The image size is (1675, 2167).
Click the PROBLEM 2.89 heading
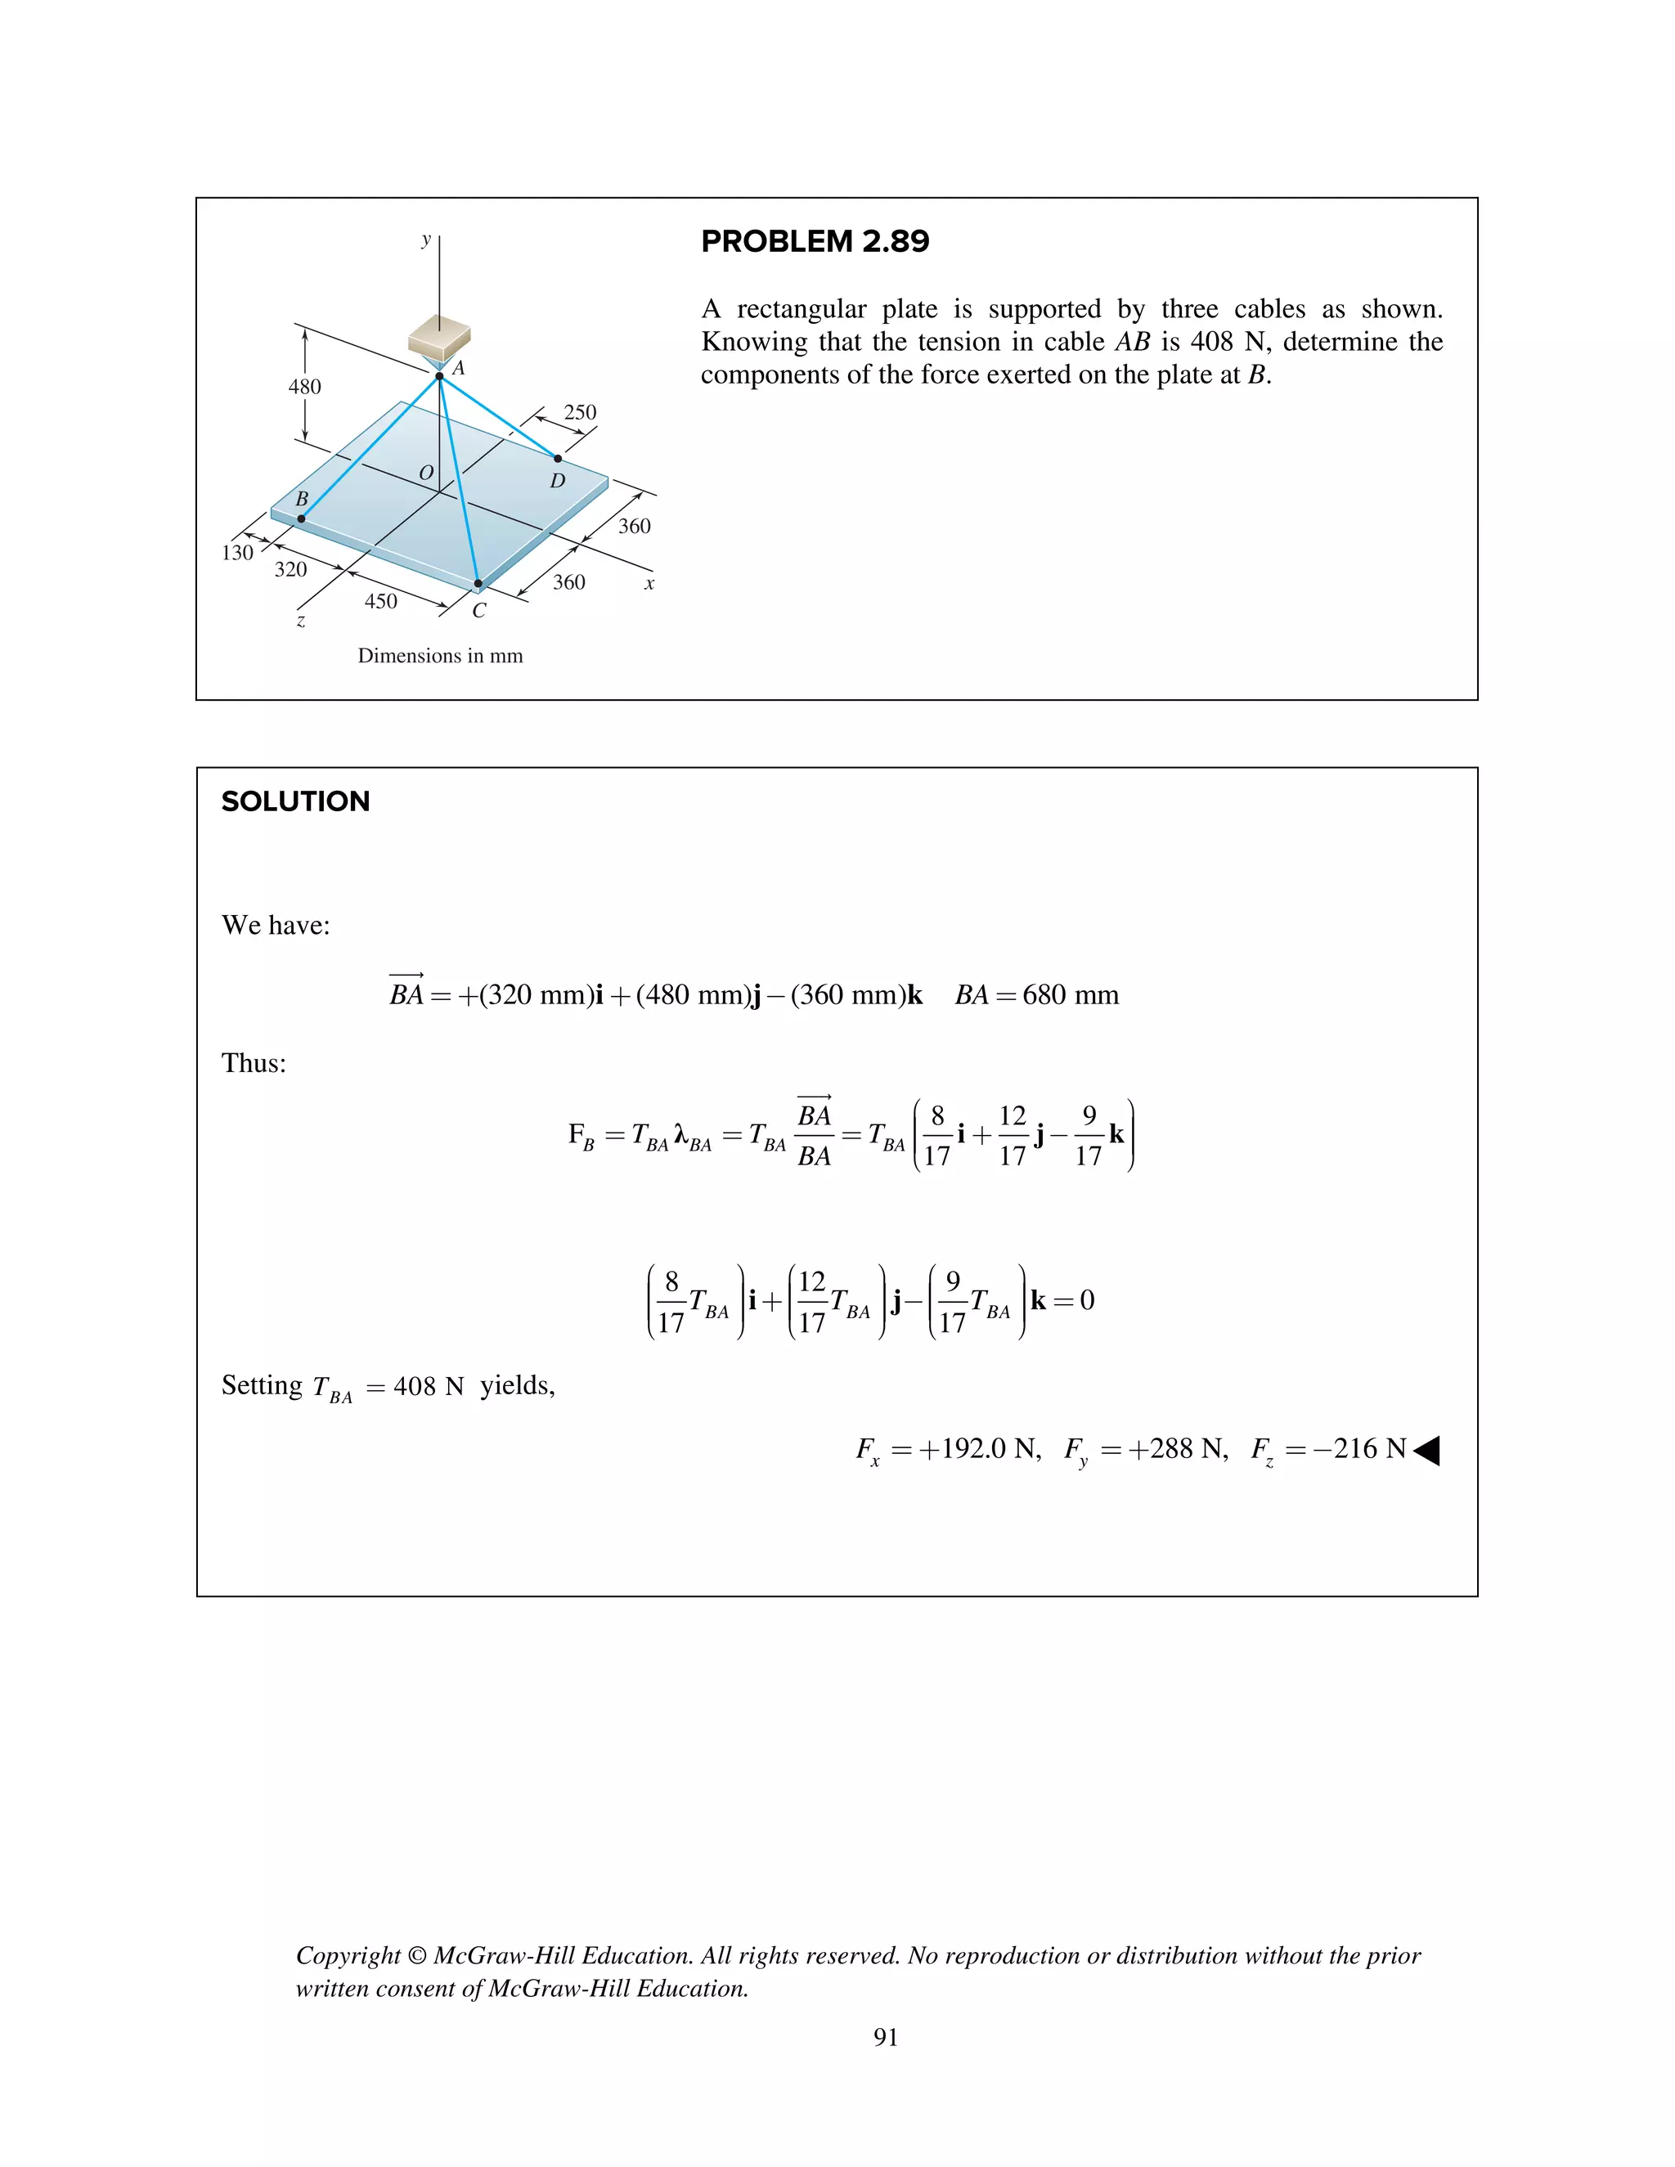815,241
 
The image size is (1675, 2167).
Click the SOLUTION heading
296,801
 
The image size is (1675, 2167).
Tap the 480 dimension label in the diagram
304,387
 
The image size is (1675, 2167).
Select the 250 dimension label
581,412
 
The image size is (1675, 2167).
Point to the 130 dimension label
237,553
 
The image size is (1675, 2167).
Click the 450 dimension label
381,601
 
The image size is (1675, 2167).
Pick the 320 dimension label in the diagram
290,569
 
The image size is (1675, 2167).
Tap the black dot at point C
478,585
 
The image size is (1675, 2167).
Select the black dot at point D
558,459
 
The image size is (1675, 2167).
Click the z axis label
301,622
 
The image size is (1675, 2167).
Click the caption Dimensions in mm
441,656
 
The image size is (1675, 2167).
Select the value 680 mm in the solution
1071,995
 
